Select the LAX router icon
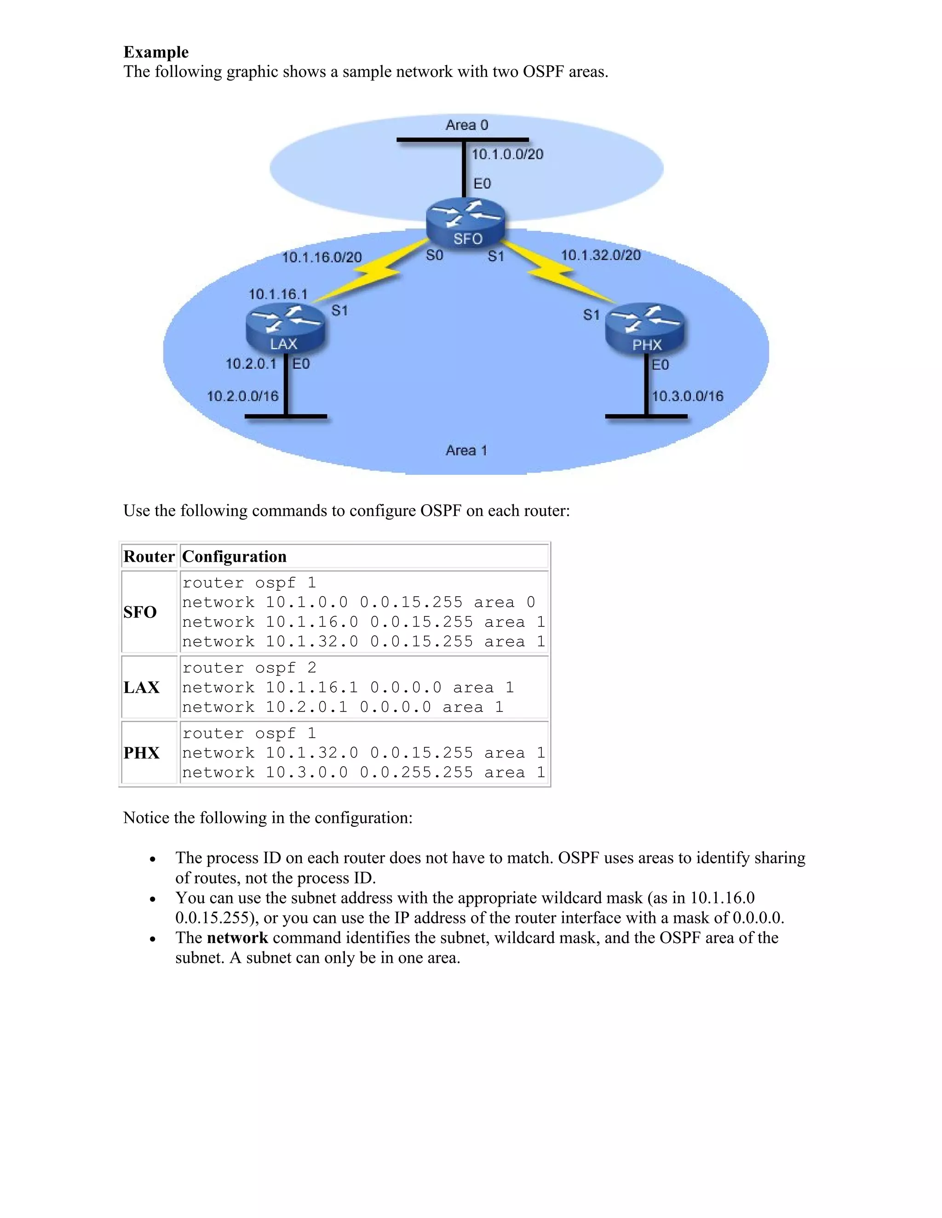click(285, 329)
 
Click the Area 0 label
click(466, 125)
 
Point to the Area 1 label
click(466, 450)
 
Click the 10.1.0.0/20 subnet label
click(507, 154)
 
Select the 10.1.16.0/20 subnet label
click(322, 257)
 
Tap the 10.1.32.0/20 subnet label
click(600, 256)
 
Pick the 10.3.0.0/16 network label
click(688, 397)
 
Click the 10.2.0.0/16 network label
click(243, 397)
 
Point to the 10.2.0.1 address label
click(251, 364)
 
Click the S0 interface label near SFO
click(434, 256)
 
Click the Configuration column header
click(235, 557)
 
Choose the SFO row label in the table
click(140, 612)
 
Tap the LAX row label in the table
click(141, 688)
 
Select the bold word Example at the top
click(156, 52)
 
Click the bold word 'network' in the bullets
click(237, 938)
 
